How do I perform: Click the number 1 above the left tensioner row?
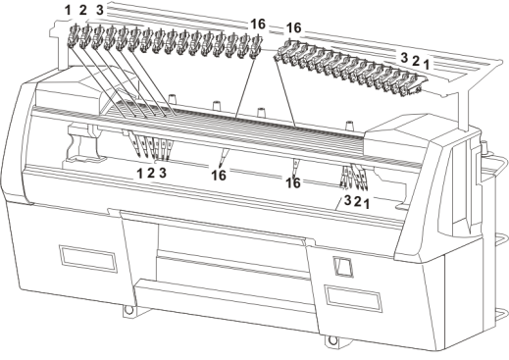[x=68, y=11]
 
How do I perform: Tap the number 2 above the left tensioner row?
[x=83, y=11]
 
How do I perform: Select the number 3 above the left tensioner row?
[x=100, y=10]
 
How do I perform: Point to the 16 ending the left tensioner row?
[x=258, y=25]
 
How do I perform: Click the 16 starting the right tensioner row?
[x=293, y=28]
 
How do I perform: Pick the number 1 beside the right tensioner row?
[x=426, y=65]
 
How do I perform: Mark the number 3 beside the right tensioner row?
[x=404, y=58]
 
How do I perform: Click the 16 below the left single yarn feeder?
[x=219, y=176]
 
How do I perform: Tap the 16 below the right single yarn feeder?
[x=293, y=183]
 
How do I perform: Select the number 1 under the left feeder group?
[x=140, y=174]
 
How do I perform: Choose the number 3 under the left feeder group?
[x=163, y=173]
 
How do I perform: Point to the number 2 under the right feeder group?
[x=357, y=202]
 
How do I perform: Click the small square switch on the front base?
[x=342, y=267]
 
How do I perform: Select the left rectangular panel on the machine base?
[x=88, y=258]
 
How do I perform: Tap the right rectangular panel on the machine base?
[x=353, y=299]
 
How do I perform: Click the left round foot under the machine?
[x=129, y=309]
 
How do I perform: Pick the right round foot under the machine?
[x=332, y=340]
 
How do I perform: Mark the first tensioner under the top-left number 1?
[x=73, y=36]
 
